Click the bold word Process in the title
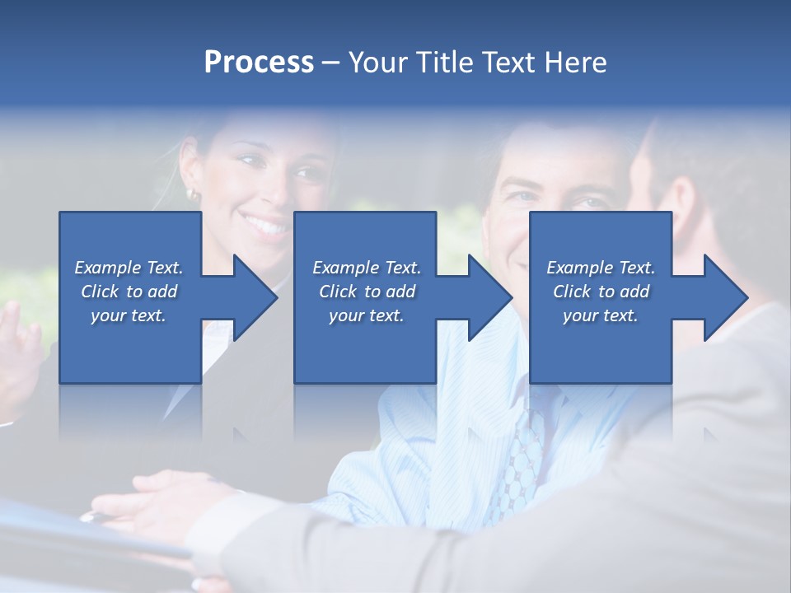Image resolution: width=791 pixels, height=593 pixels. pyautogui.click(x=259, y=63)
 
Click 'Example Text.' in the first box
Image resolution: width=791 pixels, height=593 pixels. pyautogui.click(x=129, y=268)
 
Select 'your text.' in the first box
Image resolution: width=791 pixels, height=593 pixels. pyautogui.click(x=129, y=315)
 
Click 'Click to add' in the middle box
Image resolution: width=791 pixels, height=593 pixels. pyautogui.click(x=367, y=292)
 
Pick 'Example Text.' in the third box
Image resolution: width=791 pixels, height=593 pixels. pyautogui.click(x=601, y=268)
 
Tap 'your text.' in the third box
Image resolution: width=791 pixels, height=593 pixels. pyautogui.click(x=601, y=315)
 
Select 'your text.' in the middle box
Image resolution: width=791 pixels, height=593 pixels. pyautogui.click(x=367, y=315)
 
